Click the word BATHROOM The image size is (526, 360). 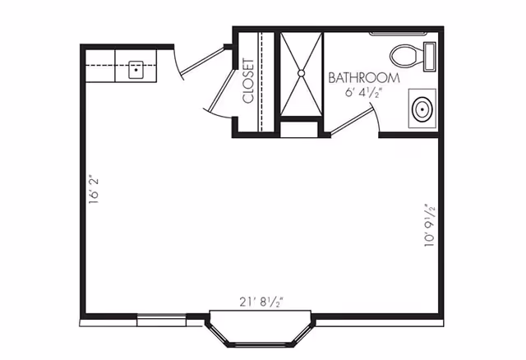pos(364,78)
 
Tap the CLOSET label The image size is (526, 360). pos(248,81)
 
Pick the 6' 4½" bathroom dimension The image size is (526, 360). pos(364,93)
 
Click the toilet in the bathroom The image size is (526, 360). pos(406,56)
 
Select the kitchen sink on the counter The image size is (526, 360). pos(135,69)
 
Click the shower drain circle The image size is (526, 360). pos(302,73)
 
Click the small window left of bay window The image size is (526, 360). pos(161,319)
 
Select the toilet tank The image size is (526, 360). pos(429,56)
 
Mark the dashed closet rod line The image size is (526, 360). pos(261,81)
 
